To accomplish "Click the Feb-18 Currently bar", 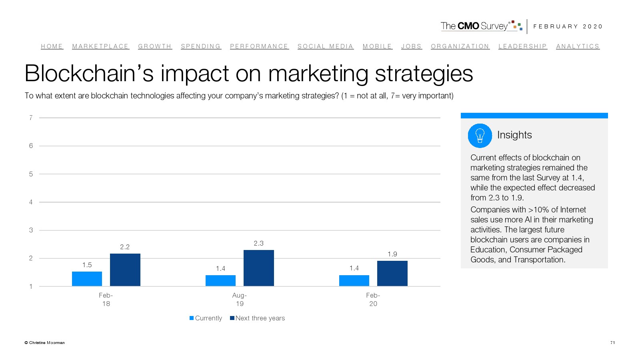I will coord(87,279).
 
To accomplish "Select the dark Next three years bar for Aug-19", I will coord(258,268).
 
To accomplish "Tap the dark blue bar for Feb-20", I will coord(392,273).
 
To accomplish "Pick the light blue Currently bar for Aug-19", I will coord(220,280).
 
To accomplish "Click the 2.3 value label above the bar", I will coord(258,243).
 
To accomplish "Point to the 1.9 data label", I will coord(392,254).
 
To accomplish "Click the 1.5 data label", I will coord(87,265).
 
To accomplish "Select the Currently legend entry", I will coord(206,318).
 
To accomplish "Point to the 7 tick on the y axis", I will coord(31,118).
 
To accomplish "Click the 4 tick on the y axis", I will coord(31,202).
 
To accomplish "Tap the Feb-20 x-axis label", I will coord(373,299).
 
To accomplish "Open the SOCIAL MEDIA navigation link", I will coord(325,46).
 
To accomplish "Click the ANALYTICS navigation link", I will coord(578,46).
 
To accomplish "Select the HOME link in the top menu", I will coord(52,46).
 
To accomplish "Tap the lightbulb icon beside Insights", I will coord(480,136).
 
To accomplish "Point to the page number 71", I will coord(612,342).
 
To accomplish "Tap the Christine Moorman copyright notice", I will coord(44,342).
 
